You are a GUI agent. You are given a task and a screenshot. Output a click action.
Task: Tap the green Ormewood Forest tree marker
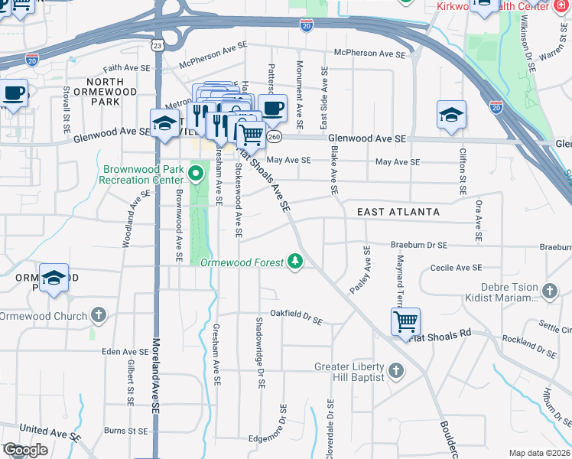coord(295,262)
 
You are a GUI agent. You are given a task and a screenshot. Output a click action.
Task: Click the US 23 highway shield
coord(157,46)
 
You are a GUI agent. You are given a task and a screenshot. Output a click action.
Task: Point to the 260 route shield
coord(275,136)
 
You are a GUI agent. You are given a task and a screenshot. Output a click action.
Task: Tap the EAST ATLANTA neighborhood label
coord(398,211)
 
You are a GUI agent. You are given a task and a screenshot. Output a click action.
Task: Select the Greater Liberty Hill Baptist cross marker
coord(395,371)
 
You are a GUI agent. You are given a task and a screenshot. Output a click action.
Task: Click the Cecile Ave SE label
coord(456,268)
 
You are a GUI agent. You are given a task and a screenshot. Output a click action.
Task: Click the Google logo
coord(24,450)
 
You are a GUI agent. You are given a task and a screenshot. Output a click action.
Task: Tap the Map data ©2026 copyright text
coord(539,453)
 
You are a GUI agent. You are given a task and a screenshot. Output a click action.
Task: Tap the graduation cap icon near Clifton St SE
coord(451,116)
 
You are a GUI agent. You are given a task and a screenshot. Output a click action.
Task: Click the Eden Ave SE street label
coord(123,352)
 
